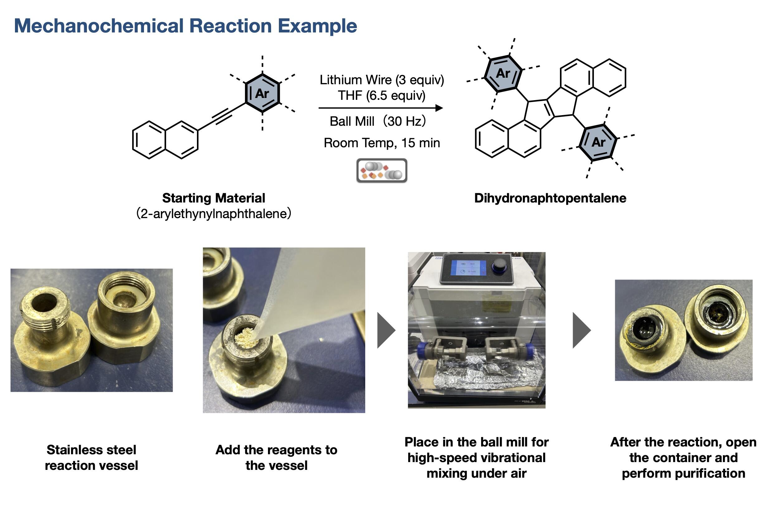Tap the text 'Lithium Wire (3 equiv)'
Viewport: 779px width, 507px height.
point(382,80)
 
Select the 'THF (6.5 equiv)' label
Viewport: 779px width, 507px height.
point(382,96)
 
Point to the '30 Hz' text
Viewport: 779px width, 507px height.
point(405,121)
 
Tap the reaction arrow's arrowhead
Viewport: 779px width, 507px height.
point(439,108)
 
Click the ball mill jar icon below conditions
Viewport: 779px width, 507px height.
point(382,170)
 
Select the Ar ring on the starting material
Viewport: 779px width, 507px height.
point(262,93)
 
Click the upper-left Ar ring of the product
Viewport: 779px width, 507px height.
point(503,73)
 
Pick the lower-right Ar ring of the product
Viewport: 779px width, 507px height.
point(598,142)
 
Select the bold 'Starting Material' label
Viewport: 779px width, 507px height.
point(214,198)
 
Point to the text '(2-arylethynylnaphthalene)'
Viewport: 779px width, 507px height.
point(214,214)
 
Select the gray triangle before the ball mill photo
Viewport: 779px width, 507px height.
point(386,330)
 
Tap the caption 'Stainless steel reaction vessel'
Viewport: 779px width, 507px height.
point(91,457)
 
